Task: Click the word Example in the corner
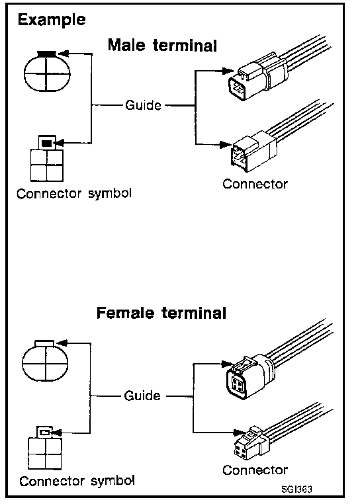pos(52,21)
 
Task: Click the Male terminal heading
pos(163,45)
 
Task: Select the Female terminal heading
pos(161,313)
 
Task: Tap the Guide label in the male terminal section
pos(143,105)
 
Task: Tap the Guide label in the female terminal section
pos(142,396)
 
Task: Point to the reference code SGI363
pos(296,489)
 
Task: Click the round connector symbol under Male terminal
pos(47,71)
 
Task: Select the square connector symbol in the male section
pos(47,159)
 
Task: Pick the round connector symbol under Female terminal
pos(45,360)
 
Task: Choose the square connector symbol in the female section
pos(45,448)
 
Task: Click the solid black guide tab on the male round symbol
pos(47,54)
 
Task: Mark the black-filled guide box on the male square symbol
pos(47,143)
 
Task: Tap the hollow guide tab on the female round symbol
pos(45,343)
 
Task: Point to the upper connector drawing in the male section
pos(277,70)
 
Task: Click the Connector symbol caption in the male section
pos(74,194)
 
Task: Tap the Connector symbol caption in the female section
pos(77,481)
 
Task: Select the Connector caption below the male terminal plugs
pos(255,184)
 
